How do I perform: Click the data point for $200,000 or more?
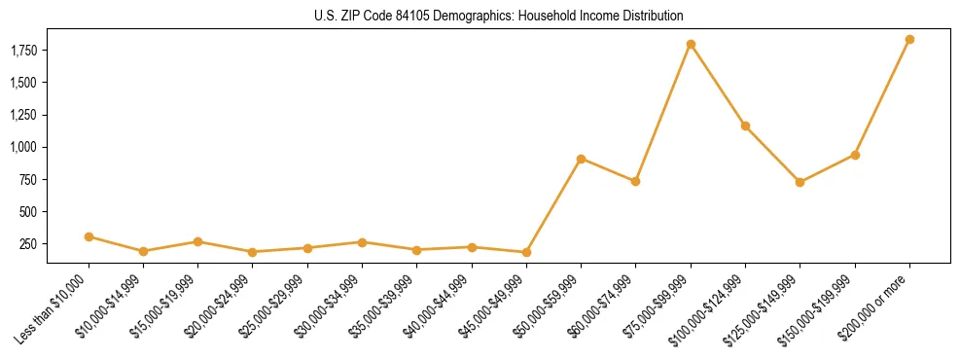pyautogui.click(x=909, y=40)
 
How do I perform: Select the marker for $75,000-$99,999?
pyautogui.click(x=691, y=45)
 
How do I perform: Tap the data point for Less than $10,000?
pyautogui.click(x=89, y=236)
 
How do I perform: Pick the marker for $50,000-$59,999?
pyautogui.click(x=581, y=159)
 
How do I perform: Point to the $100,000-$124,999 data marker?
pyautogui.click(x=745, y=126)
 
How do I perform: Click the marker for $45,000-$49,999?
pyautogui.click(x=526, y=252)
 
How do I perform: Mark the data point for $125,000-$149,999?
pyautogui.click(x=800, y=182)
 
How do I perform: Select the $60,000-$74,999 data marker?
pyautogui.click(x=635, y=181)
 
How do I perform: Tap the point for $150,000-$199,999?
pyautogui.click(x=855, y=155)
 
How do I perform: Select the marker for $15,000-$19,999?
pyautogui.click(x=197, y=241)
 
